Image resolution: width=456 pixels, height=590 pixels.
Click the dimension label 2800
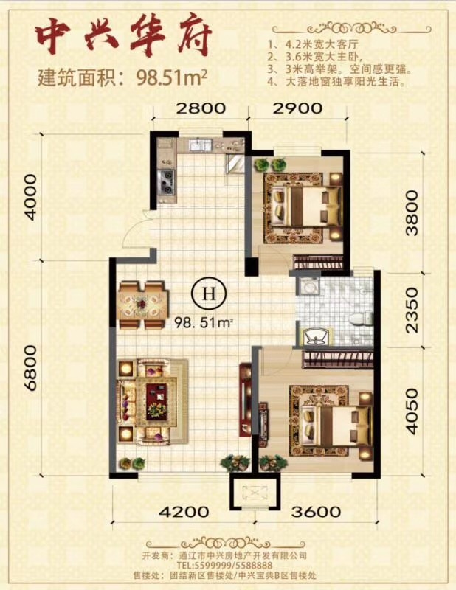coord(201,108)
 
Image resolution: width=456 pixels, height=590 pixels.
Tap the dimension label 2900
coord(297,108)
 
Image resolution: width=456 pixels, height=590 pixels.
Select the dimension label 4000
coord(31,197)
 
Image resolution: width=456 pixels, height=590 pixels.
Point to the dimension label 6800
coord(31,368)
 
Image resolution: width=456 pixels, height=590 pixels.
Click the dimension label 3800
coord(412,213)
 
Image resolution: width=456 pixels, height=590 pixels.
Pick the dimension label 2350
coord(412,310)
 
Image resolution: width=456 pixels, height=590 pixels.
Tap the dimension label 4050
coord(412,412)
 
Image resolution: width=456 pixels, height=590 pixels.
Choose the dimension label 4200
coord(184,512)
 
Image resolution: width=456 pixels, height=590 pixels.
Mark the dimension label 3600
coord(316,512)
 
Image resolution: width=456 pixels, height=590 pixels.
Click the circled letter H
coord(210,293)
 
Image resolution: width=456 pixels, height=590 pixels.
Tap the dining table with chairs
coord(142,305)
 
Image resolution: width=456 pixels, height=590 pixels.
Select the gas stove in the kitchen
coord(167,181)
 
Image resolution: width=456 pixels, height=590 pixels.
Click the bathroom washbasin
coord(315,337)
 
